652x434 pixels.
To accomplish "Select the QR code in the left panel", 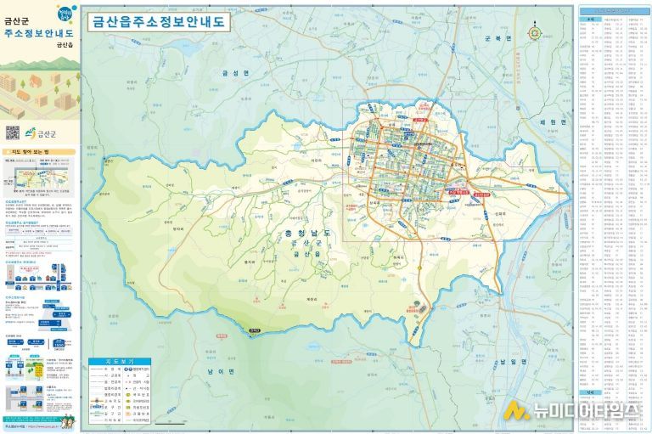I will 12,132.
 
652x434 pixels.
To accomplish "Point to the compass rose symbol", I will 534,33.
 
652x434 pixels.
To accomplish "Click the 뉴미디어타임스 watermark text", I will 587,411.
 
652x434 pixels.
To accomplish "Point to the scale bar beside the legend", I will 171,420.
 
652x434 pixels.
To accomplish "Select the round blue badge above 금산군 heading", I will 65,14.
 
